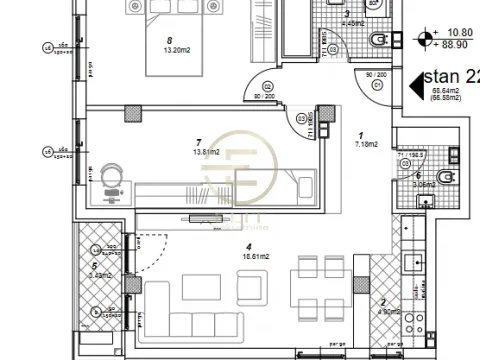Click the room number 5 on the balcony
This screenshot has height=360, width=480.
coord(93,266)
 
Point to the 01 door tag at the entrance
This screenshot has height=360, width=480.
coord(377,83)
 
